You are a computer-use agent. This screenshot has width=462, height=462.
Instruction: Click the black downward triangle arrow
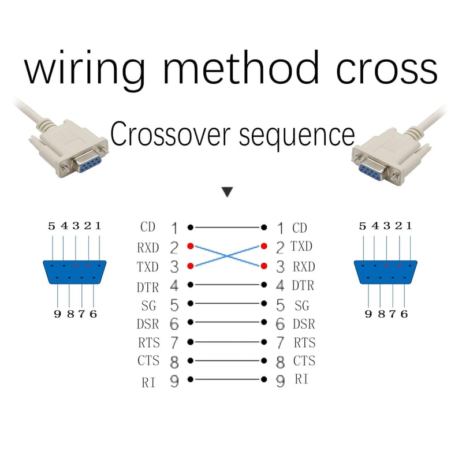click(227, 192)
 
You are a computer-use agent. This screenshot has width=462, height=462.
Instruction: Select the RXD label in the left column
click(148, 248)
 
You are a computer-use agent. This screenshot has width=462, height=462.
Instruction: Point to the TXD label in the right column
click(301, 246)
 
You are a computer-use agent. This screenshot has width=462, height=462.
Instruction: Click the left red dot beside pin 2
click(191, 246)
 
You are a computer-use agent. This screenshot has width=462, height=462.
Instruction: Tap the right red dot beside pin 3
click(264, 266)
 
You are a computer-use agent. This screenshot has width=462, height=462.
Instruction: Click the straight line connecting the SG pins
click(227, 303)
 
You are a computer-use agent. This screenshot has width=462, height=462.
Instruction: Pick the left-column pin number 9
click(174, 381)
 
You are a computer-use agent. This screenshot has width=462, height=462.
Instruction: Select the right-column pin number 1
click(281, 228)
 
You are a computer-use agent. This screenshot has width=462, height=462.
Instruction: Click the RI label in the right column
click(301, 379)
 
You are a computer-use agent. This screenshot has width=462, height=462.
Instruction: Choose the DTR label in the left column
click(148, 287)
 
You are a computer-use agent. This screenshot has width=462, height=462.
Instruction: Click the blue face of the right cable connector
click(372, 172)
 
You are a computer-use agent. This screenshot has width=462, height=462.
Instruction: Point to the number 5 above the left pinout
click(51, 226)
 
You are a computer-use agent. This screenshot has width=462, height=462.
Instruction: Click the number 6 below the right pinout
click(404, 314)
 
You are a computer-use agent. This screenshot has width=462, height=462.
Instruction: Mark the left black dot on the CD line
click(191, 228)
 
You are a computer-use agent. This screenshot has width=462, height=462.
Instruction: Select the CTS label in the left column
click(148, 360)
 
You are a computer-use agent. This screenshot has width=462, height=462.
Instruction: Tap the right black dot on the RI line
click(264, 379)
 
